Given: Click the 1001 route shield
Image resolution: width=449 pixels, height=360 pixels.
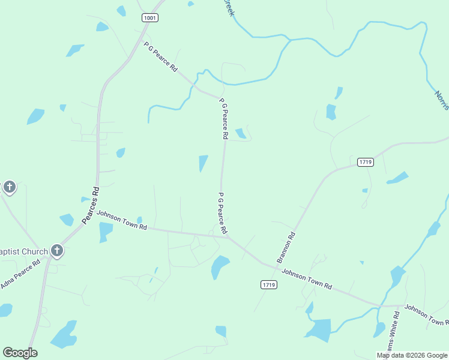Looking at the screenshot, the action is [150, 18].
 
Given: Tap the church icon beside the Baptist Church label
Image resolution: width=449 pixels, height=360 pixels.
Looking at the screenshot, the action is [57, 250].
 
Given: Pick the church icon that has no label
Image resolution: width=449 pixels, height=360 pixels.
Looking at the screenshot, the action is [9, 187].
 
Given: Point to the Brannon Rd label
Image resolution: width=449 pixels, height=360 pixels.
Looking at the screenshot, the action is [286, 247].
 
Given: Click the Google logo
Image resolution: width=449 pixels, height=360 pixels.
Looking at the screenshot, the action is [20, 353].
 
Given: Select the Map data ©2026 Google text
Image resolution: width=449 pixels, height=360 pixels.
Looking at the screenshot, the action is [412, 355].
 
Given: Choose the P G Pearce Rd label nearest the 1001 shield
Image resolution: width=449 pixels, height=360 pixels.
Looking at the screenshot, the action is [160, 57].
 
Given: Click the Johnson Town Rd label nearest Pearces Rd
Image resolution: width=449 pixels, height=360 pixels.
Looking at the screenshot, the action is [122, 220].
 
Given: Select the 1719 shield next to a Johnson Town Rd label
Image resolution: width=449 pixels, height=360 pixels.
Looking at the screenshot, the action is [269, 285].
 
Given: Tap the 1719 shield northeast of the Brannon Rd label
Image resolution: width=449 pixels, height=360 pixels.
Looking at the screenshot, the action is [365, 162].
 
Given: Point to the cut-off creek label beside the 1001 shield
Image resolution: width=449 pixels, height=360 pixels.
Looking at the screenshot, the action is [228, 8].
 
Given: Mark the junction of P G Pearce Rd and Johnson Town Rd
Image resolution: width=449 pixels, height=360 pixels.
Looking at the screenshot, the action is [228, 237].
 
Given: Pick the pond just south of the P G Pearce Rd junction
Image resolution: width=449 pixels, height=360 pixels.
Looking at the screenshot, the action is [220, 266].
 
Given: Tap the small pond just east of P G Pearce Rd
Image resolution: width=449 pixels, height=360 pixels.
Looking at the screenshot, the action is [241, 133].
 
